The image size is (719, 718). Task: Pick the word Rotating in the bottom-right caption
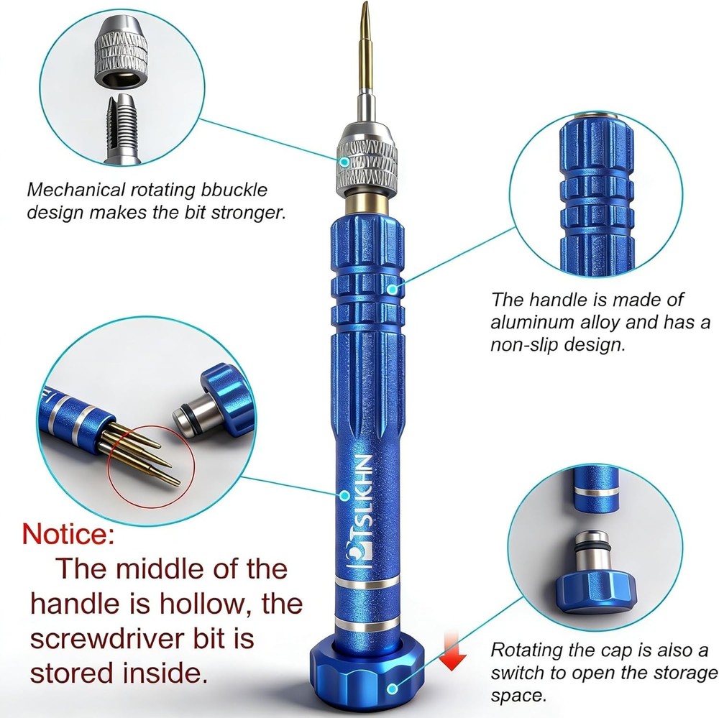pos(526,650)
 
